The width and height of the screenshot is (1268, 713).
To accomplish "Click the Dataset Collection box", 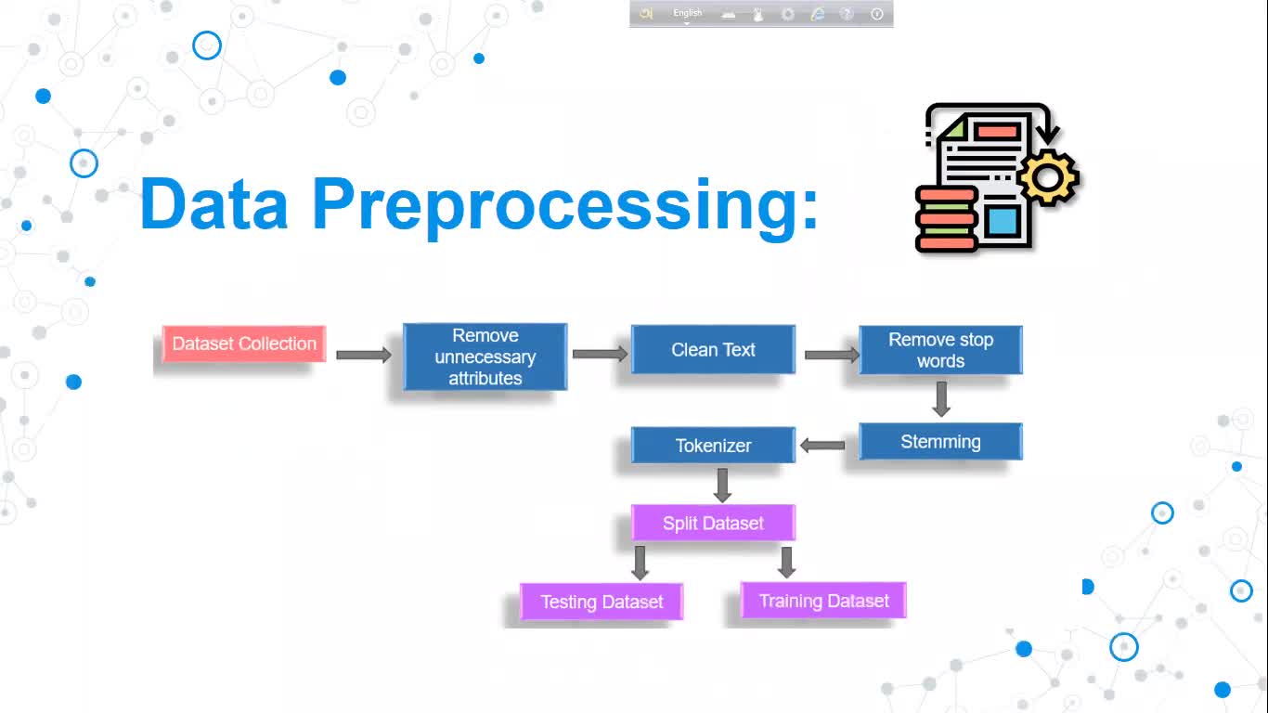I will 244,344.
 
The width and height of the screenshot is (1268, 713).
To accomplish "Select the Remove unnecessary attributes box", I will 485,356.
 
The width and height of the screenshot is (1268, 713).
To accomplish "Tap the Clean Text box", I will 713,350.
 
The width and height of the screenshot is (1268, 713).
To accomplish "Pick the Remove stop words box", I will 940,350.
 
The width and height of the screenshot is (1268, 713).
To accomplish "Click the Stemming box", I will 940,442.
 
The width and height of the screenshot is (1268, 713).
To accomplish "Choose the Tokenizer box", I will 713,446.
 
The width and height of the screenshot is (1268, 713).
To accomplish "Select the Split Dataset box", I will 713,523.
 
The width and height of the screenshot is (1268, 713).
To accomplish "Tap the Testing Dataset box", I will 602,602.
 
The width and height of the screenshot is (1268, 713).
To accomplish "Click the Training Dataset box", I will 823,601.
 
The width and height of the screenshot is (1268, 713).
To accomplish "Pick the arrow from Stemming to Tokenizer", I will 822,446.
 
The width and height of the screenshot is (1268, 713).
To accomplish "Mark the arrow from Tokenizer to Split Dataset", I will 723,485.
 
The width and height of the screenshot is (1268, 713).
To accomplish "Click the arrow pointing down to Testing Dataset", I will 640,563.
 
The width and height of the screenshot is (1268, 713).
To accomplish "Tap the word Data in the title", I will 214,204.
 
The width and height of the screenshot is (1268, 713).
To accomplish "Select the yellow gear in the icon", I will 1048,175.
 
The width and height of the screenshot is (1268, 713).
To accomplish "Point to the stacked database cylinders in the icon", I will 946,219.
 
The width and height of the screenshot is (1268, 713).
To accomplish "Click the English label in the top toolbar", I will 688,13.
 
